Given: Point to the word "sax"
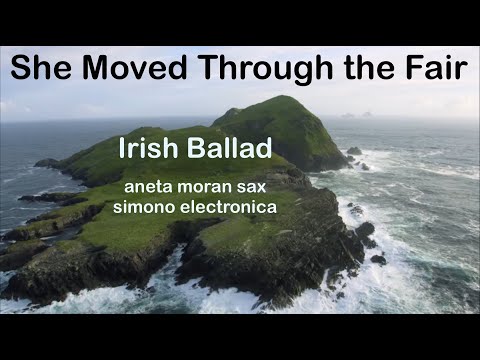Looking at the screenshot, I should [x=251, y=187].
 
